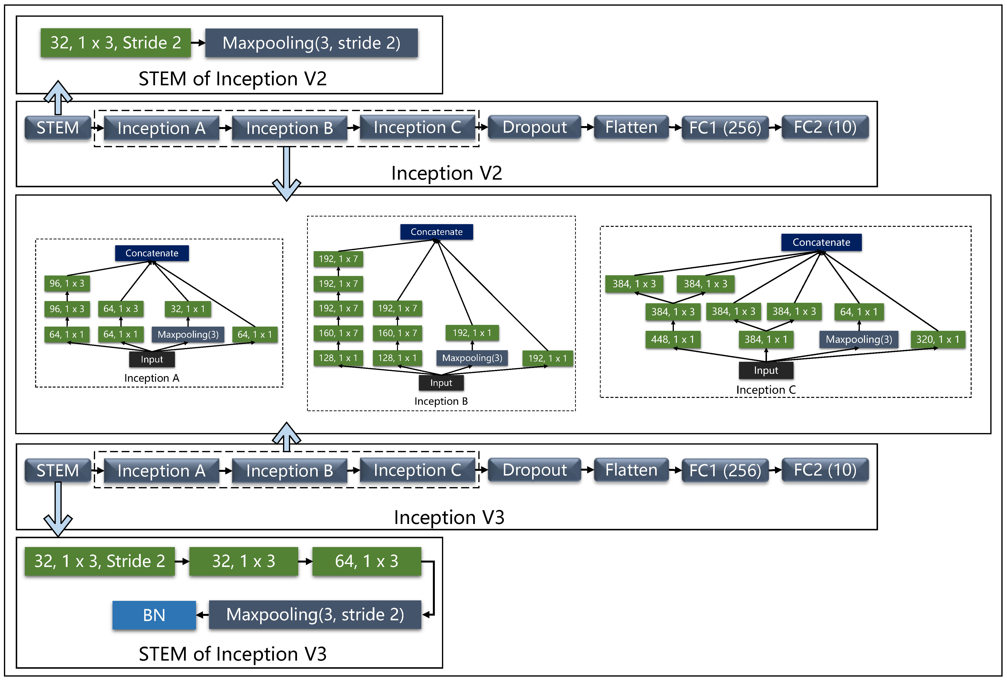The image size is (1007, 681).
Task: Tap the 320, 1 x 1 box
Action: click(x=938, y=339)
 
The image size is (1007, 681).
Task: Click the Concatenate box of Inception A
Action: click(x=152, y=253)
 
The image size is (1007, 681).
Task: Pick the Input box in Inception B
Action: click(x=441, y=383)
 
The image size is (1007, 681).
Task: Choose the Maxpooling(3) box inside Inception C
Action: click(x=858, y=339)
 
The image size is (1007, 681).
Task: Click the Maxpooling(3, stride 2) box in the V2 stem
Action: click(x=311, y=43)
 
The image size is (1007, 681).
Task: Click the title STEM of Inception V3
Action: click(x=233, y=654)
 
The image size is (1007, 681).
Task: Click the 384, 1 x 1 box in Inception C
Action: click(x=766, y=339)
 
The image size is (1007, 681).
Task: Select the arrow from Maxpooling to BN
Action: click(x=202, y=615)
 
